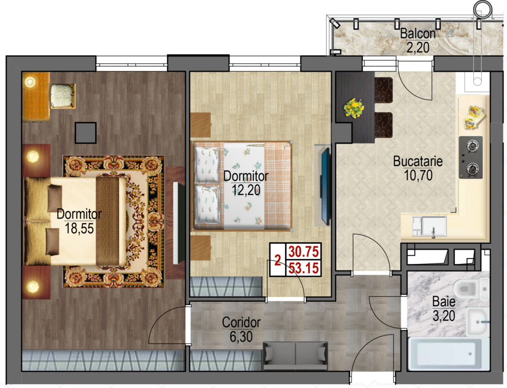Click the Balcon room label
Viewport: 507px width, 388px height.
click(418, 34)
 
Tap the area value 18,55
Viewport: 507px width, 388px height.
click(79, 228)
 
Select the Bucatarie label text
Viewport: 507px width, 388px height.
click(418, 162)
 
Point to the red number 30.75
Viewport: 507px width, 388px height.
click(304, 252)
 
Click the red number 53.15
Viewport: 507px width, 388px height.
click(304, 268)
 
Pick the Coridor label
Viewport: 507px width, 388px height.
click(241, 322)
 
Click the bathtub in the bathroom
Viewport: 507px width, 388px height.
click(449, 354)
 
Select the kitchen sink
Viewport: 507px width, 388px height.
click(429, 226)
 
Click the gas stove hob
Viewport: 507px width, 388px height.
click(471, 158)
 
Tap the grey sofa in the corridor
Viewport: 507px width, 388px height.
click(295, 356)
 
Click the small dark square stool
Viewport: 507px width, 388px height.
click(86, 133)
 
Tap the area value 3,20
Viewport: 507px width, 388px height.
click(444, 316)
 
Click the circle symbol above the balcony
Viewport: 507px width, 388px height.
click(483, 9)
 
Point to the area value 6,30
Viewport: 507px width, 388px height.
click(241, 337)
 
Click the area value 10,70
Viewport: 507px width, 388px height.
click(418, 175)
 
